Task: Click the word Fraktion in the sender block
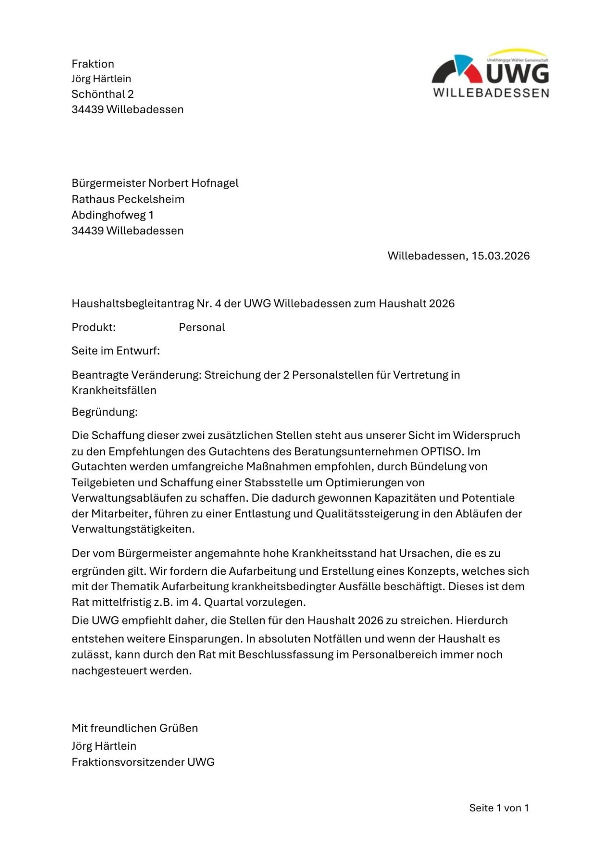[x=93, y=64]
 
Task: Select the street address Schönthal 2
[x=103, y=94]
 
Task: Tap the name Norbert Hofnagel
[x=193, y=183]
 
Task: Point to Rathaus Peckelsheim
[x=128, y=199]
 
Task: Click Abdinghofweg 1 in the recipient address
[x=113, y=215]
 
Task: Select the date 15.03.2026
[x=501, y=256]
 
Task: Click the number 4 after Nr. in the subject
[x=218, y=303]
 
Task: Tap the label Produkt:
[x=94, y=327]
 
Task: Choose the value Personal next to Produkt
[x=202, y=327]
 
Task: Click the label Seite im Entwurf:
[x=116, y=351]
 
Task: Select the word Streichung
[x=231, y=375]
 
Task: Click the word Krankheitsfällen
[x=114, y=390]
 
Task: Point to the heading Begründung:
[x=105, y=412]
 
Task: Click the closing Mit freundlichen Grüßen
[x=135, y=728]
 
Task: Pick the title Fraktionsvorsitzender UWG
[x=143, y=762]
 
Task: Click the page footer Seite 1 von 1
[x=499, y=808]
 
